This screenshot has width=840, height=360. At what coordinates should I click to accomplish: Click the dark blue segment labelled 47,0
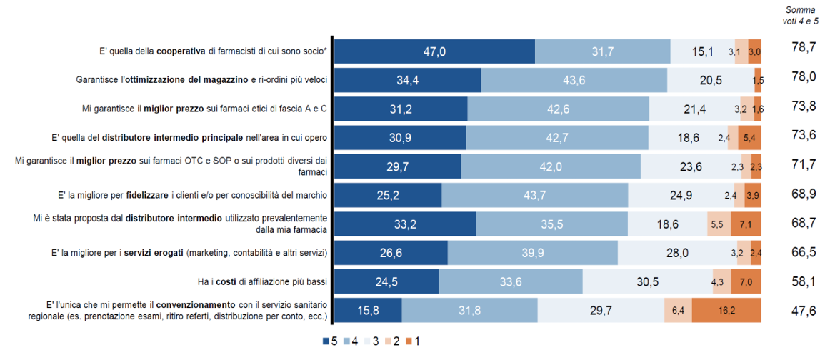tap(434, 51)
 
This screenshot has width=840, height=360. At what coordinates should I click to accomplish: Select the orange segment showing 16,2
tap(726, 311)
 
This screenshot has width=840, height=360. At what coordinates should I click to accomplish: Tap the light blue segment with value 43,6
tap(574, 80)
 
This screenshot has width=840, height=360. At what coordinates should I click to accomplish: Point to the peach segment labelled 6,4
tap(678, 311)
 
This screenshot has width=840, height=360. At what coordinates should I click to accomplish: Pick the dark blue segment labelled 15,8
tap(369, 311)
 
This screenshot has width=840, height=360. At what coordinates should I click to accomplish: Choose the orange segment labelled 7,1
tap(746, 224)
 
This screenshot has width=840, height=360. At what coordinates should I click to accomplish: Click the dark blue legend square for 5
tap(326, 341)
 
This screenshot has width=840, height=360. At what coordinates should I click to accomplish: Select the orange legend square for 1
tap(409, 341)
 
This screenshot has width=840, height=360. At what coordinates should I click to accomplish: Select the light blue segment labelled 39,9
tap(532, 253)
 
